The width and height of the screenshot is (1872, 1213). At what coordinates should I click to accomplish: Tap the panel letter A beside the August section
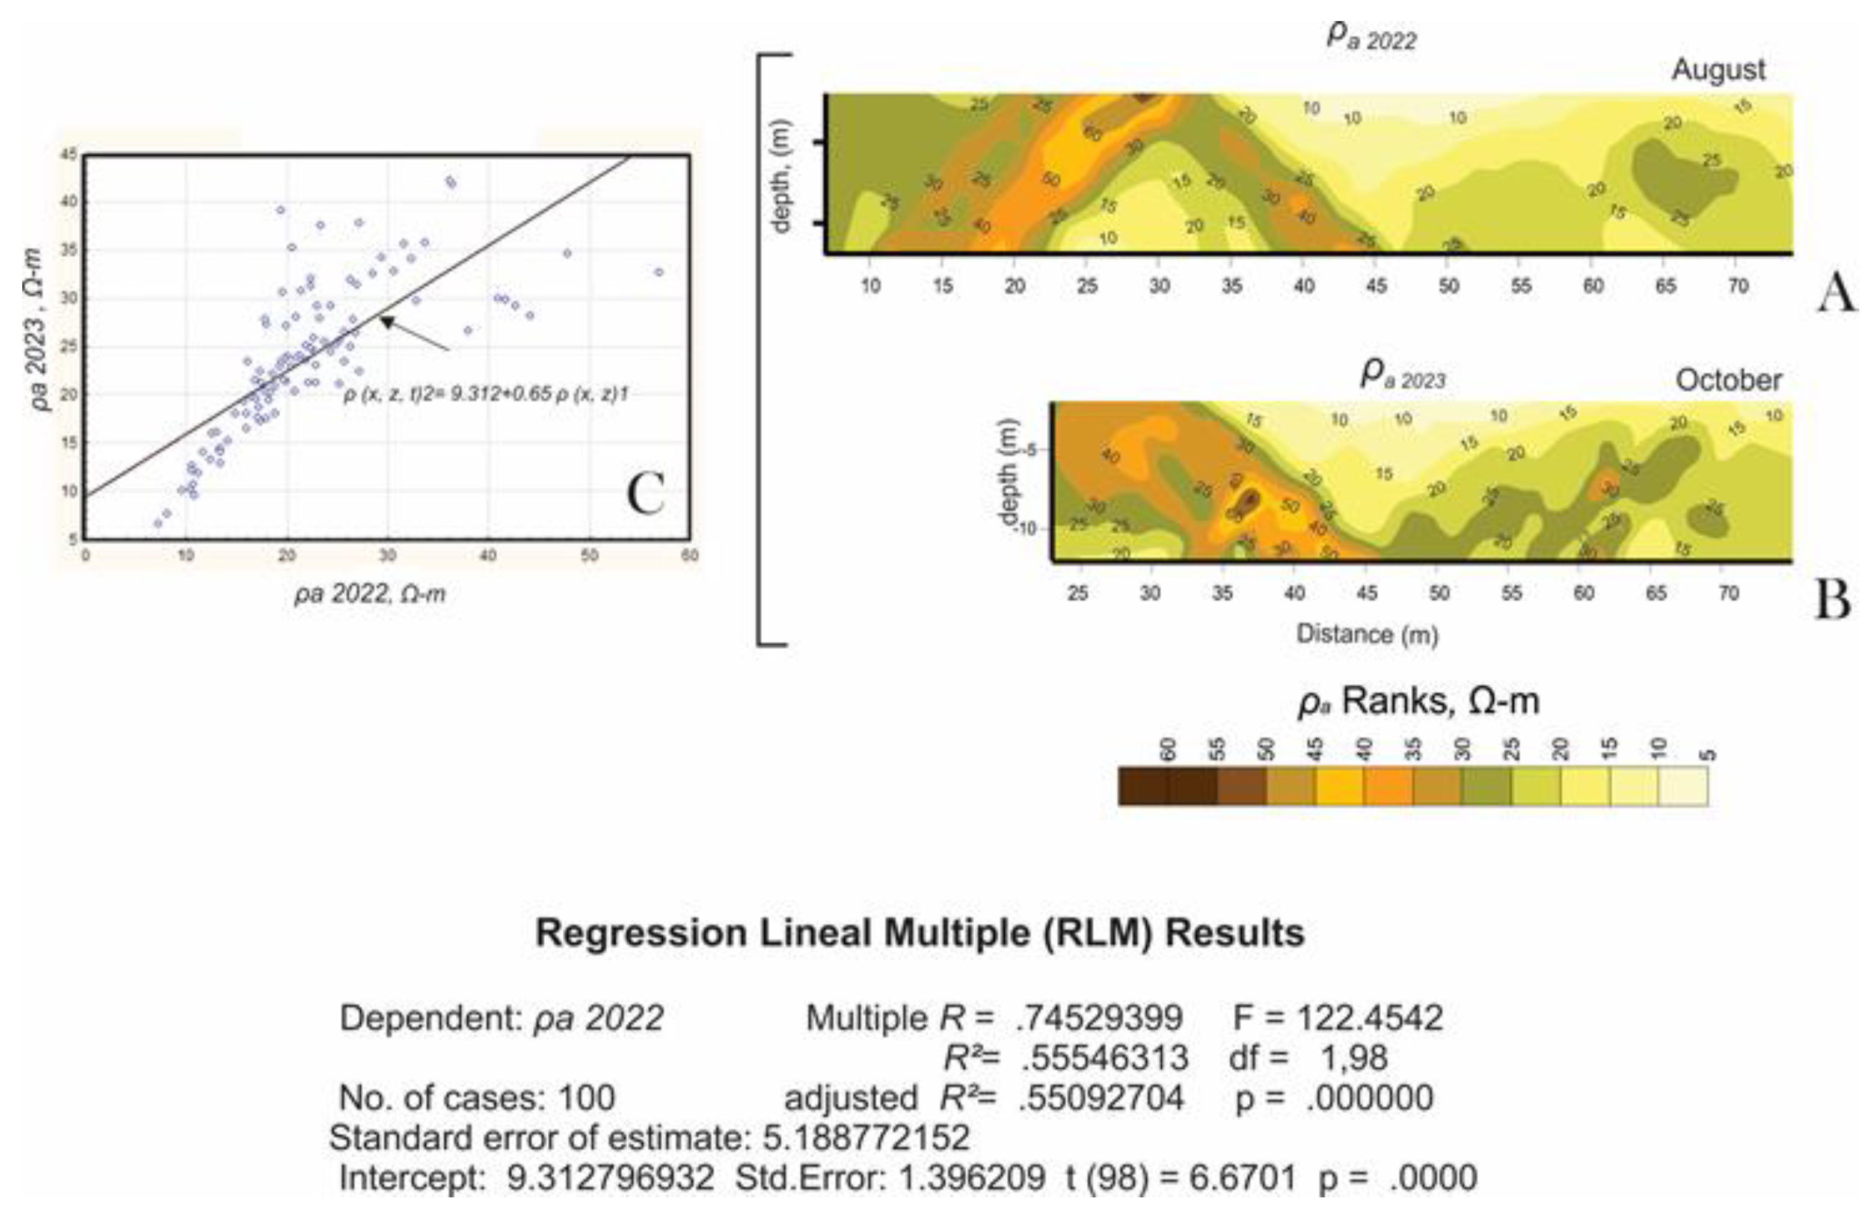coord(1836,295)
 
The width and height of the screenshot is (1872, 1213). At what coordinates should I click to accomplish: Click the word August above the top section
coord(1718,70)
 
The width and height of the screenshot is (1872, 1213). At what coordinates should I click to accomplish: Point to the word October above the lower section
coord(1728,381)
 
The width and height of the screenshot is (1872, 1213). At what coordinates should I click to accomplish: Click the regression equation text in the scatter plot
coord(485,394)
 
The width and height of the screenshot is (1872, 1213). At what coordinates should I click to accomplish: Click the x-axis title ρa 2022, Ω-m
coord(370,594)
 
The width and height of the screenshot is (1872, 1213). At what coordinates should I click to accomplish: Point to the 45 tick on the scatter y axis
coord(69,155)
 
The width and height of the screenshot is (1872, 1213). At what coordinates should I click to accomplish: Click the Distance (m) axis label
coord(1367,634)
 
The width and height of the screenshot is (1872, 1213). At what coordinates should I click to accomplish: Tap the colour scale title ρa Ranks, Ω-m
coord(1417,701)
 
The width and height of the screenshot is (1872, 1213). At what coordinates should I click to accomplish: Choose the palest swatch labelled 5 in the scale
coord(1683,787)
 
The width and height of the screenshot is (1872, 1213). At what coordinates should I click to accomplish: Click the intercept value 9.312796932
coord(610,1178)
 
